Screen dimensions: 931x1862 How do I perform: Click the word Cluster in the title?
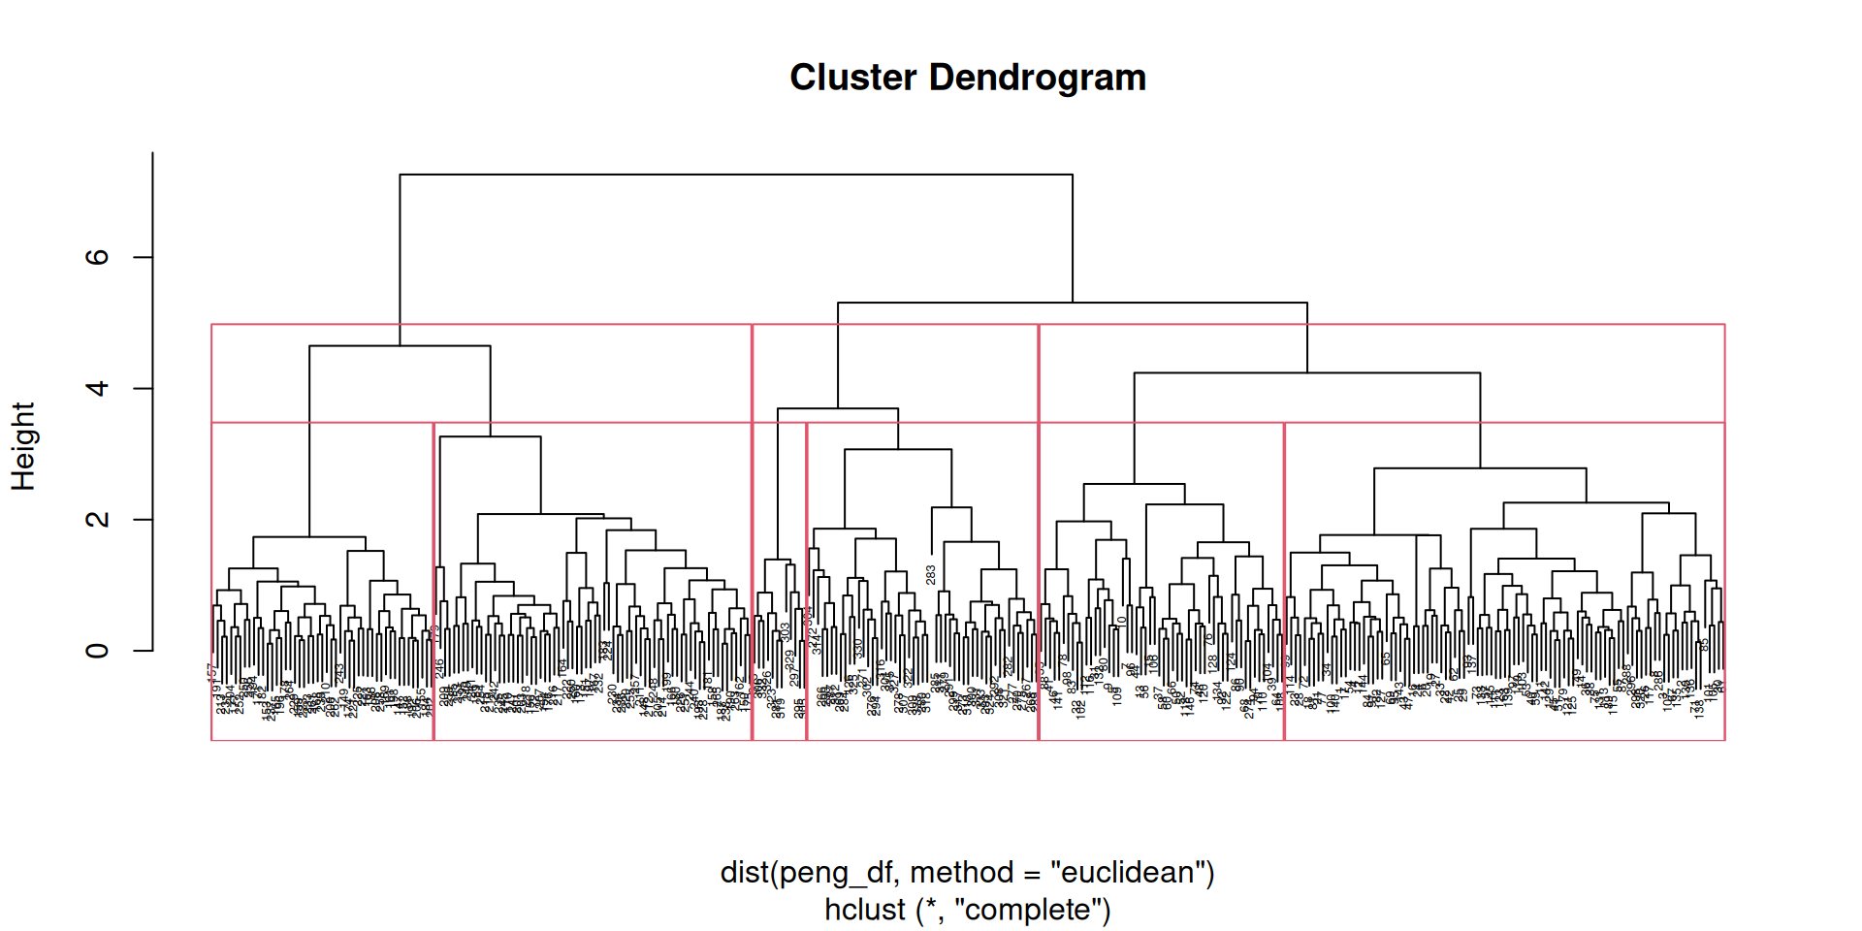[852, 78]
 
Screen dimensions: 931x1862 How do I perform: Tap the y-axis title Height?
[23, 446]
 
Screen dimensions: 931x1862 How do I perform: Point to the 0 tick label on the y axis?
[97, 651]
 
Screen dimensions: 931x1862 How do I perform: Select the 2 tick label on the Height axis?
[97, 520]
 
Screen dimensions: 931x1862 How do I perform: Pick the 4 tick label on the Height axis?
[97, 389]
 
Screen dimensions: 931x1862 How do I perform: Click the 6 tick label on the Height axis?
[97, 257]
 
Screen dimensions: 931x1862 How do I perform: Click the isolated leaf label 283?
[931, 575]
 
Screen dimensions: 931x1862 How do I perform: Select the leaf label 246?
[439, 668]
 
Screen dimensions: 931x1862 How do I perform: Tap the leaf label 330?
[858, 648]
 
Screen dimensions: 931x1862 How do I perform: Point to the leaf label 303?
[786, 631]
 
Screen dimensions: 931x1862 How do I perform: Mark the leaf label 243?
[339, 673]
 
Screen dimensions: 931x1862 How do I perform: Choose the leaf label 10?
[1122, 621]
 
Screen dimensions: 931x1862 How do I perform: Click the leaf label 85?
[1704, 645]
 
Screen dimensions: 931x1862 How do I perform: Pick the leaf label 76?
[1208, 639]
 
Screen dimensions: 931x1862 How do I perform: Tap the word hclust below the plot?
[864, 911]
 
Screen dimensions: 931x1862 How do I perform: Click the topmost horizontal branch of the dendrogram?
[736, 175]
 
